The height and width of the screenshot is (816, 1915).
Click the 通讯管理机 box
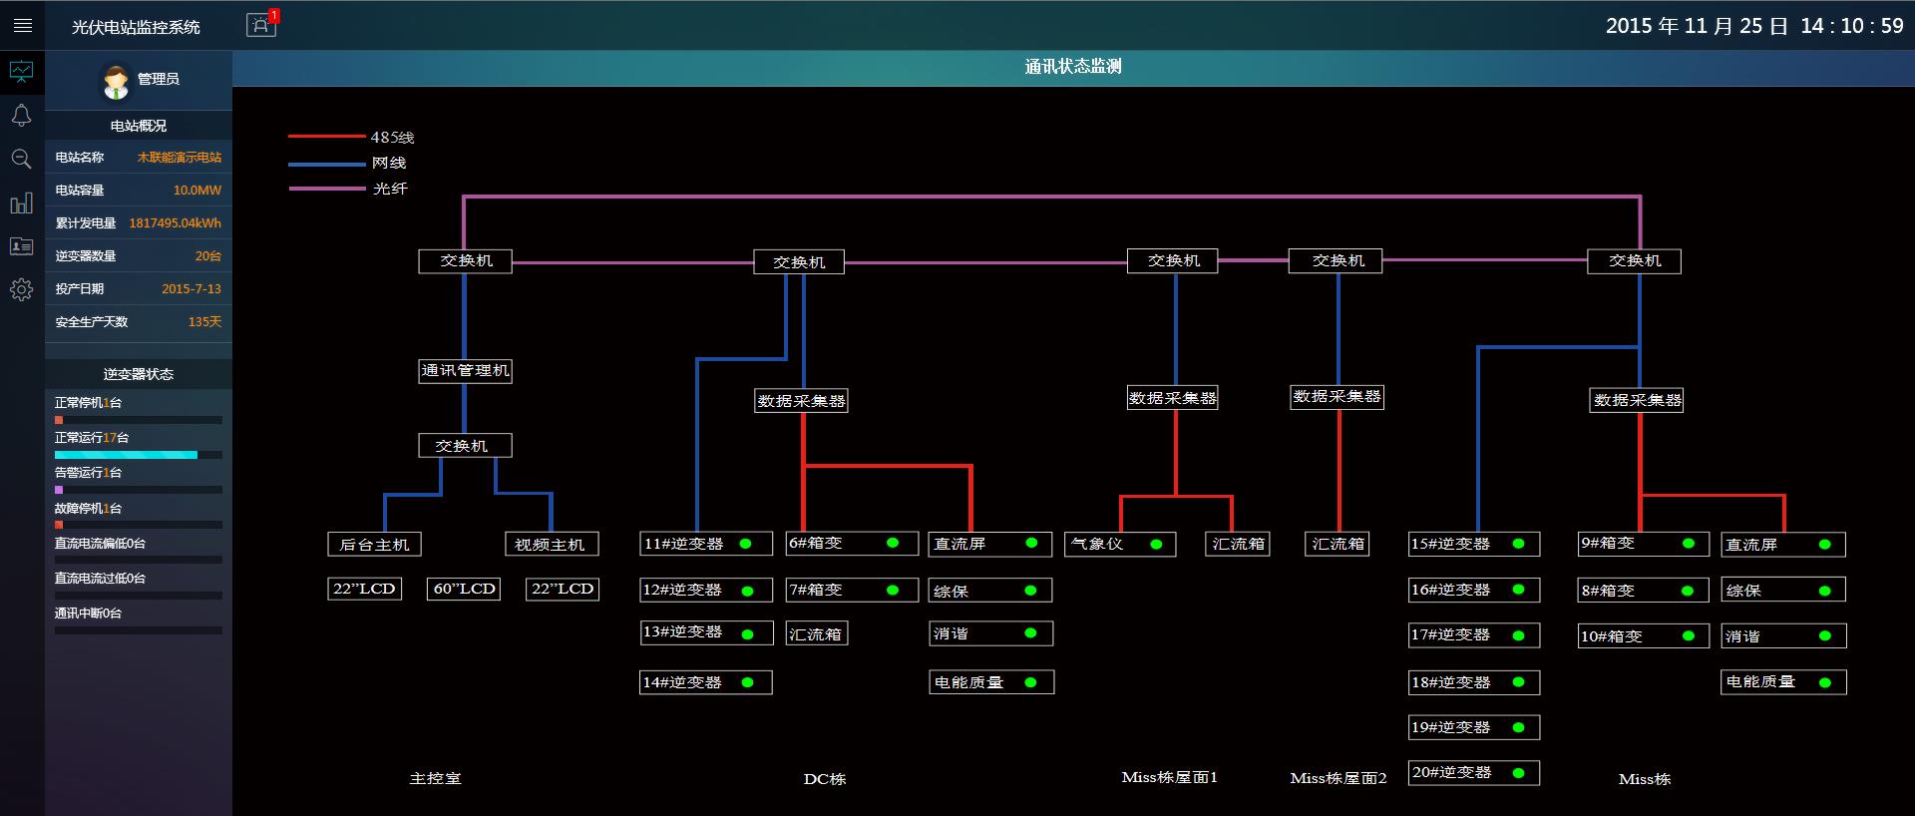[x=465, y=371]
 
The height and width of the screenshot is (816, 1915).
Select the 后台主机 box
[x=375, y=544]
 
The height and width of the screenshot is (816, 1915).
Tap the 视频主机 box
[x=551, y=544]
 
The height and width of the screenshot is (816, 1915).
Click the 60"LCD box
[x=465, y=589]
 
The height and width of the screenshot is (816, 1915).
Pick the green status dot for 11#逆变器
[x=745, y=544]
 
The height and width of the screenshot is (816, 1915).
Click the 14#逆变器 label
[x=682, y=682]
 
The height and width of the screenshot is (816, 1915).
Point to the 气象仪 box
[x=1120, y=544]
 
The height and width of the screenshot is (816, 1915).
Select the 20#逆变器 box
[x=1474, y=773]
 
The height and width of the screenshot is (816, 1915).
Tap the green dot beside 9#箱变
[x=1689, y=544]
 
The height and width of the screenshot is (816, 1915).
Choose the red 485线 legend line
[x=327, y=137]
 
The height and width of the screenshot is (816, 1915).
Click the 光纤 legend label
[x=390, y=189]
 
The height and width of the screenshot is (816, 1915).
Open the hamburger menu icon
[x=22, y=26]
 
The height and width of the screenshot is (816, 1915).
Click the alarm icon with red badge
[x=261, y=25]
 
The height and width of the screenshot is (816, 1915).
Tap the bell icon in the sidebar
[x=21, y=116]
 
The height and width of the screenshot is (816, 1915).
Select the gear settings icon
[x=21, y=290]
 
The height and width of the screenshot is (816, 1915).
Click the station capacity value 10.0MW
[x=197, y=190]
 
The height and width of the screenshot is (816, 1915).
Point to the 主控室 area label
[x=436, y=778]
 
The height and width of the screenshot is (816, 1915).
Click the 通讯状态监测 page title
[x=1073, y=67]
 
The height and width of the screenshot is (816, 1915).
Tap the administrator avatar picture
[x=116, y=81]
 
